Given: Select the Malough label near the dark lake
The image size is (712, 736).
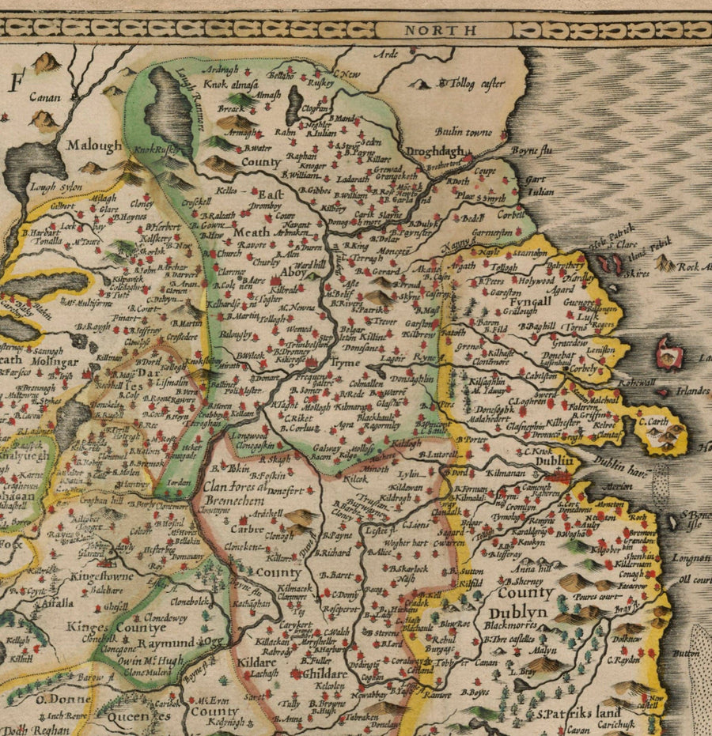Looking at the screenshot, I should click(94, 146).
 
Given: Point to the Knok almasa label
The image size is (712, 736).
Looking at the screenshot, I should click(229, 81).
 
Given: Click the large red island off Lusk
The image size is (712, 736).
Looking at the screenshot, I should click(670, 352).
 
